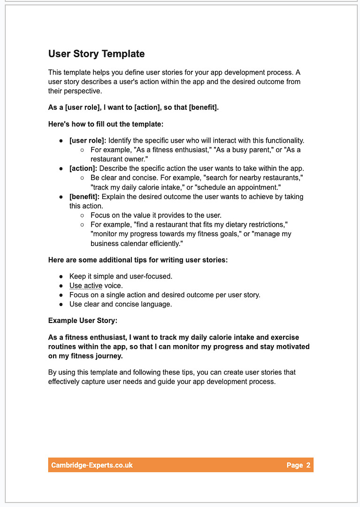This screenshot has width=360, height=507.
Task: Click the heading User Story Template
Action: [x=96, y=54]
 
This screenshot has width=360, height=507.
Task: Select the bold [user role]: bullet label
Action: [x=88, y=140]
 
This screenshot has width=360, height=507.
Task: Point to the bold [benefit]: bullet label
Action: [x=84, y=197]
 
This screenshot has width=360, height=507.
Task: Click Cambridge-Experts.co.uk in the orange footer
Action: [x=92, y=465]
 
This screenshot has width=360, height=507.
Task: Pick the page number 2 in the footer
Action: [x=308, y=465]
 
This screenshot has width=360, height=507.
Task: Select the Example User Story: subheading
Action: [x=83, y=321]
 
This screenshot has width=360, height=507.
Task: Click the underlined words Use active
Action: [x=85, y=286]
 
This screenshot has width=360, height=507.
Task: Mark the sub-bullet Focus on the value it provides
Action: [x=156, y=215]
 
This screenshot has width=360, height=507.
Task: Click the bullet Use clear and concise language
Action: [x=121, y=304]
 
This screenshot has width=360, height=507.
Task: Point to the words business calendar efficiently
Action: [x=136, y=244]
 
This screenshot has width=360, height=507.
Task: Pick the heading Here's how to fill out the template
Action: [x=106, y=124]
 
